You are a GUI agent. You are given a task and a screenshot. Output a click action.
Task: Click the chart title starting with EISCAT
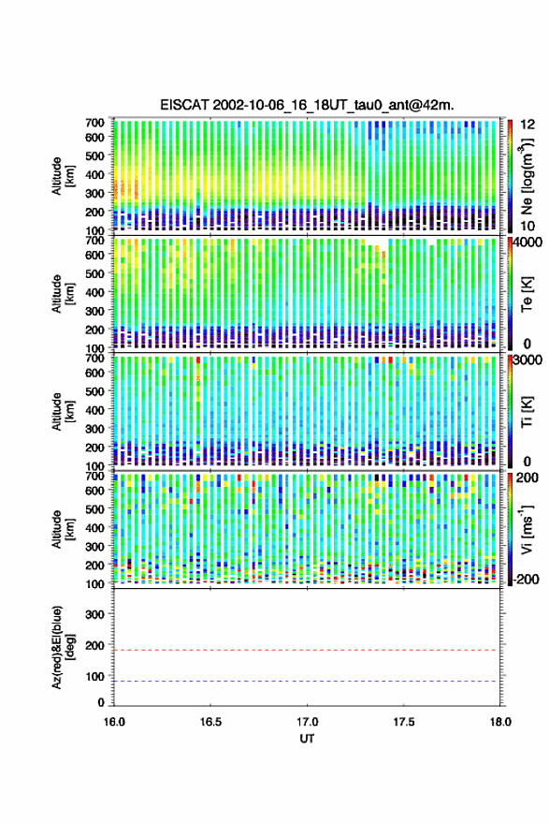pos(307,105)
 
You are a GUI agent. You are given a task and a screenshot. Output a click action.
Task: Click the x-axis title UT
pos(307,739)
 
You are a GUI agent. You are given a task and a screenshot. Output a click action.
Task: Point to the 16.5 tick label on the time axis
pos(210,722)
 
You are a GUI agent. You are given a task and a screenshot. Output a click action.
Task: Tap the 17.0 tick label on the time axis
pos(307,722)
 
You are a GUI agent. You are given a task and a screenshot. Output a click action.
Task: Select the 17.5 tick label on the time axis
pos(403,722)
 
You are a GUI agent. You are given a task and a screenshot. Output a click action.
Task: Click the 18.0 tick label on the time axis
pos(499,722)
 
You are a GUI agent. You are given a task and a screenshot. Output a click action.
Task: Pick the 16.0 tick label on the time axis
pos(114,722)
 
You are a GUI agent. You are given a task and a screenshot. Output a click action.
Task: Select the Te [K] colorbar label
pos(527,294)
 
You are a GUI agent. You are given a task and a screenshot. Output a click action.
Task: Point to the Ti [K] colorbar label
pos(527,412)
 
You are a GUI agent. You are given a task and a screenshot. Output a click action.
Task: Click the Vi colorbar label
pos(527,529)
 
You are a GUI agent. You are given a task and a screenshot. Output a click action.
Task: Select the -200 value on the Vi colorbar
pos(527,580)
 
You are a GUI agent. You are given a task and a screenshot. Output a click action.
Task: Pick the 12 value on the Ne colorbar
pos(528,125)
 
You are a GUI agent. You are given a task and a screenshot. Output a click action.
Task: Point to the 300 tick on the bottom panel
pos(94,614)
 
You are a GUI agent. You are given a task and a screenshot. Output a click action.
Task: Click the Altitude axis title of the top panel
pos(63,176)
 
